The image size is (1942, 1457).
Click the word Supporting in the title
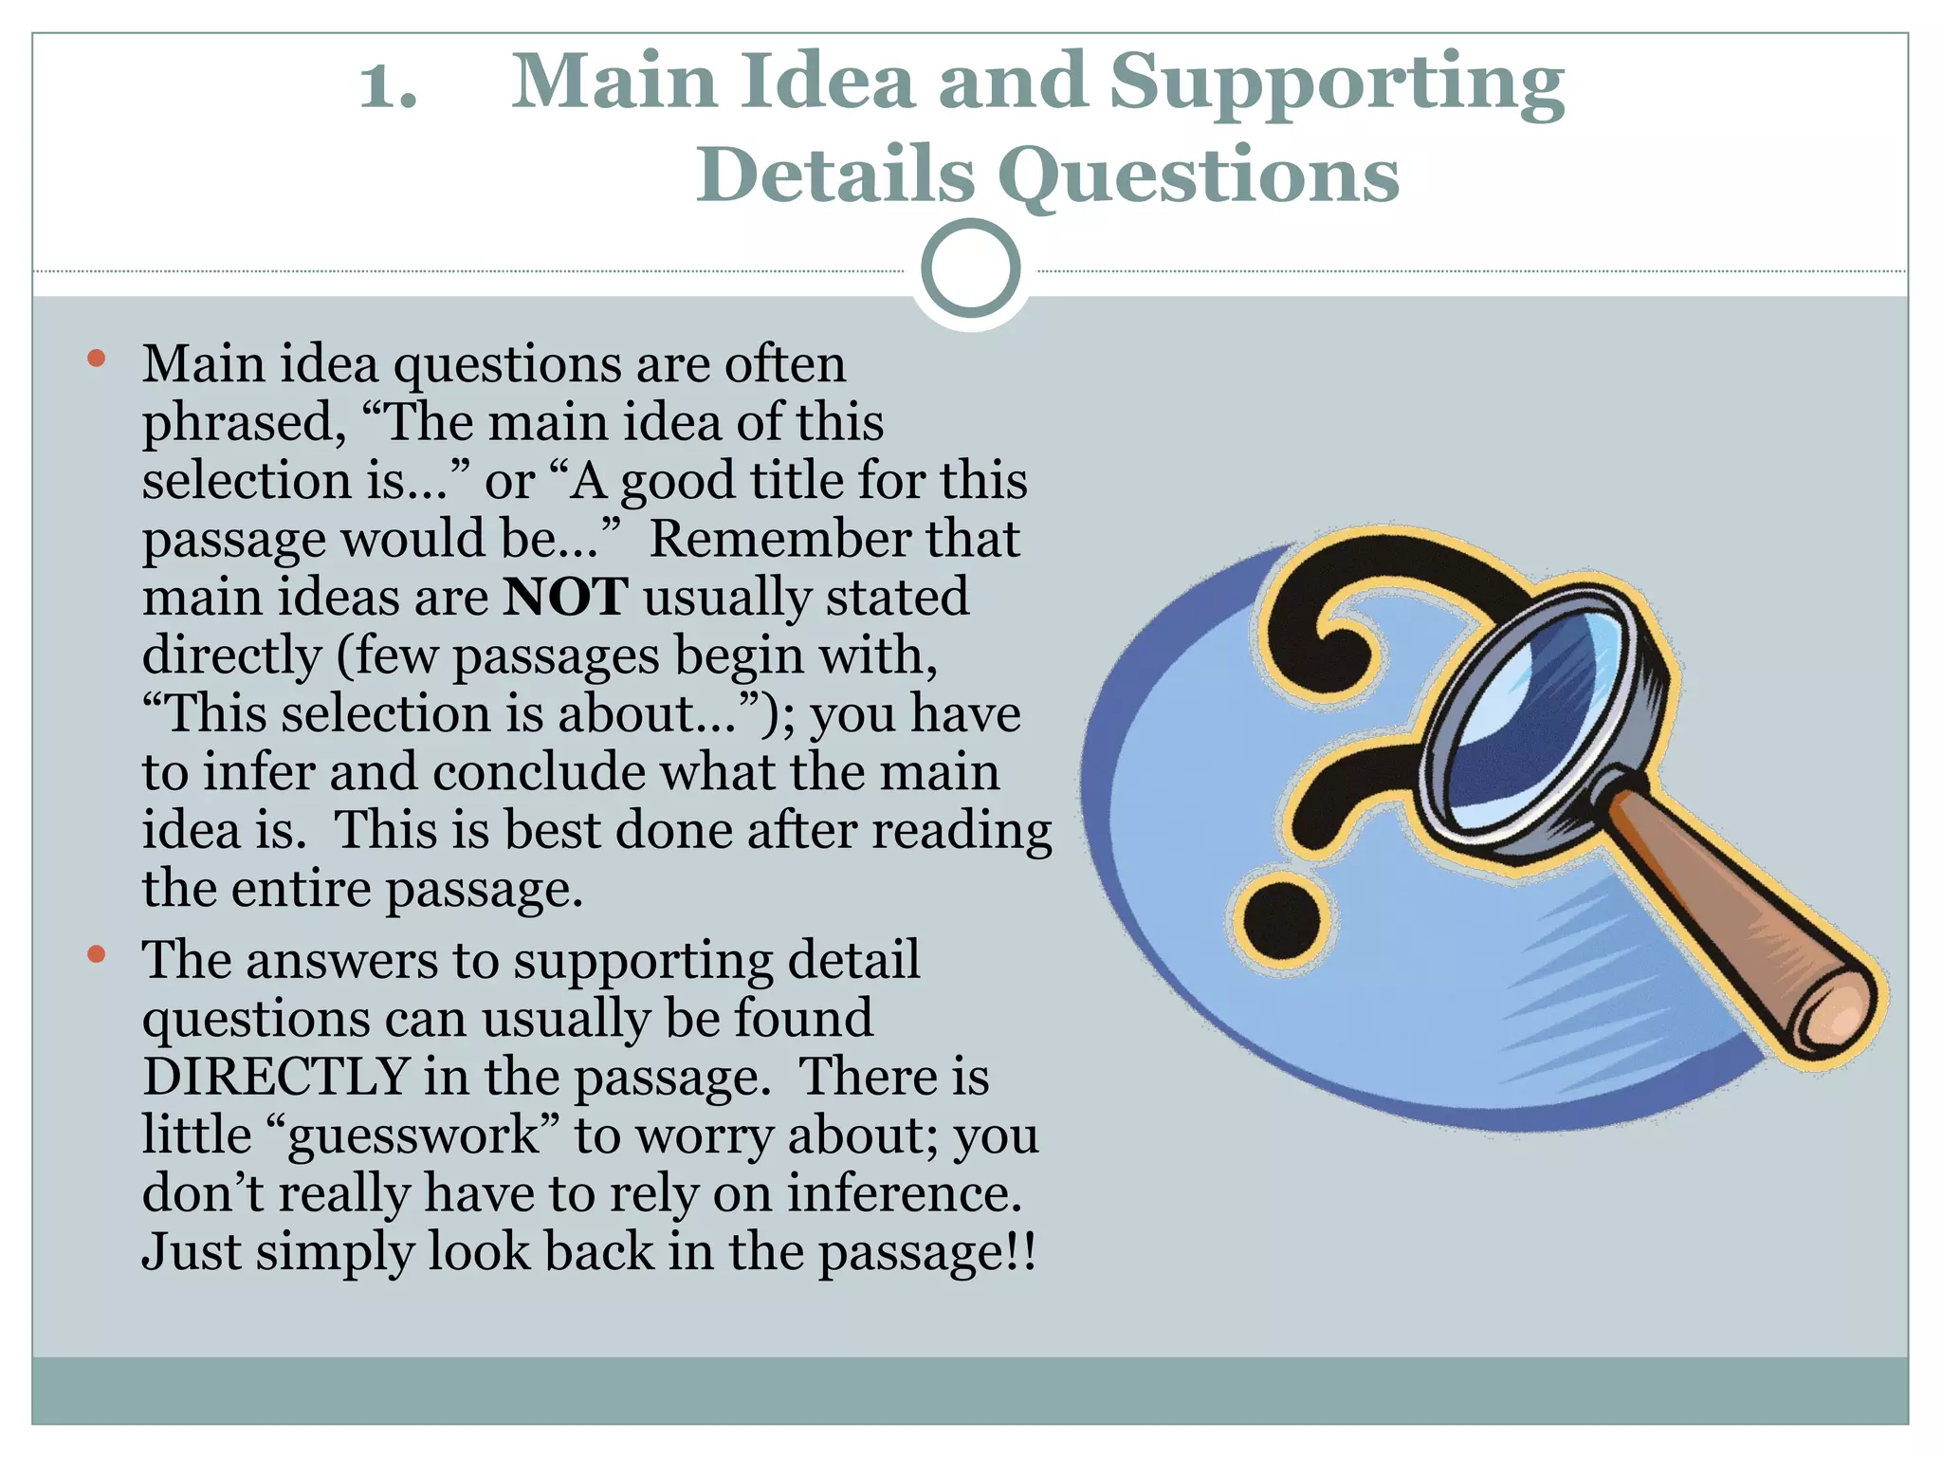(1336, 83)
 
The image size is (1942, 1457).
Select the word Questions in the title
(1199, 175)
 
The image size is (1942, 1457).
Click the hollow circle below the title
(970, 268)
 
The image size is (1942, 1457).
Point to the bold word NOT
(565, 598)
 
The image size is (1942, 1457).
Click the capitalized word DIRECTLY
(275, 1078)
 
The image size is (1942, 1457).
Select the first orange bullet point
(96, 359)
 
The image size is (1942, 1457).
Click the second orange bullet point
(96, 954)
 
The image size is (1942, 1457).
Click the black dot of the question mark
(1280, 918)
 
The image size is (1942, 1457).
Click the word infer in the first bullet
(257, 772)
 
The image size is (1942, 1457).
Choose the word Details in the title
(835, 175)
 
